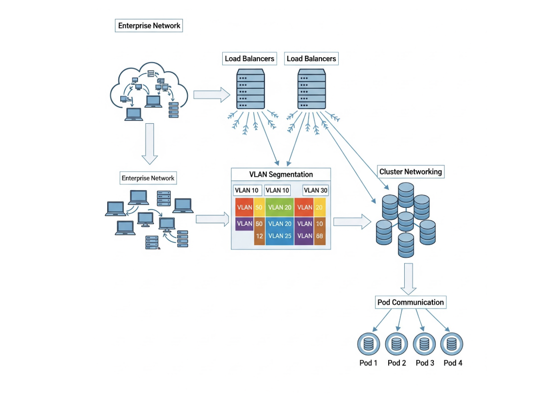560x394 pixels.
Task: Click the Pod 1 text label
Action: pos(368,363)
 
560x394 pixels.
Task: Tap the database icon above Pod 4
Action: pos(452,345)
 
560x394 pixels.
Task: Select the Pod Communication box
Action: pos(411,302)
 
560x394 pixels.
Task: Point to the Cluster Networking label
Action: pos(411,172)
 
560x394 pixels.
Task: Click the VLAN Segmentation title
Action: pos(281,174)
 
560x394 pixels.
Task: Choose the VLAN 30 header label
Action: pos(315,190)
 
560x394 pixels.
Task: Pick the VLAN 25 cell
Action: pos(280,236)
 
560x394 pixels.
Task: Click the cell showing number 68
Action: pos(320,236)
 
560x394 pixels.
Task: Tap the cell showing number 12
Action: pos(259,236)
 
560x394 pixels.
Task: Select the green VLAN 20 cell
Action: pos(280,207)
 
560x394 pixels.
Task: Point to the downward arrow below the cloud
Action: pos(149,144)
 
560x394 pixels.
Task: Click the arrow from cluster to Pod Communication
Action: pos(409,279)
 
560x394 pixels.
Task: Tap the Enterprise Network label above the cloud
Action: pos(149,26)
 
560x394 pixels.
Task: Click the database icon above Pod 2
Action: pos(396,345)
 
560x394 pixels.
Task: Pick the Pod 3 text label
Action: pos(425,363)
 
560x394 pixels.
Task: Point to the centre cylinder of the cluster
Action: pos(405,221)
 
